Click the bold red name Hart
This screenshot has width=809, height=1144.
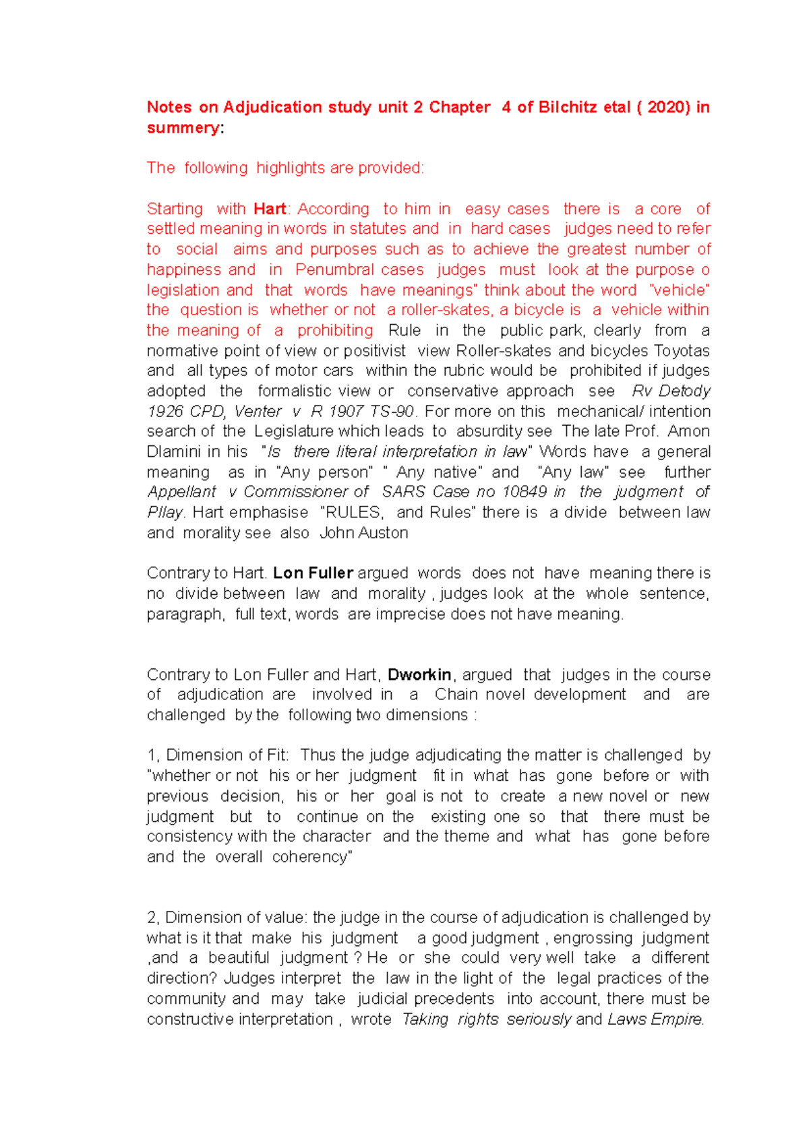(x=270, y=209)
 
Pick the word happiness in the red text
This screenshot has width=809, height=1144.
(x=181, y=269)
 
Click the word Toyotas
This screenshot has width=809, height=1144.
(x=681, y=350)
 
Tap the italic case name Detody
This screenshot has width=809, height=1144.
(x=684, y=391)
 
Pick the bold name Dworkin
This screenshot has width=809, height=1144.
(x=419, y=674)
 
